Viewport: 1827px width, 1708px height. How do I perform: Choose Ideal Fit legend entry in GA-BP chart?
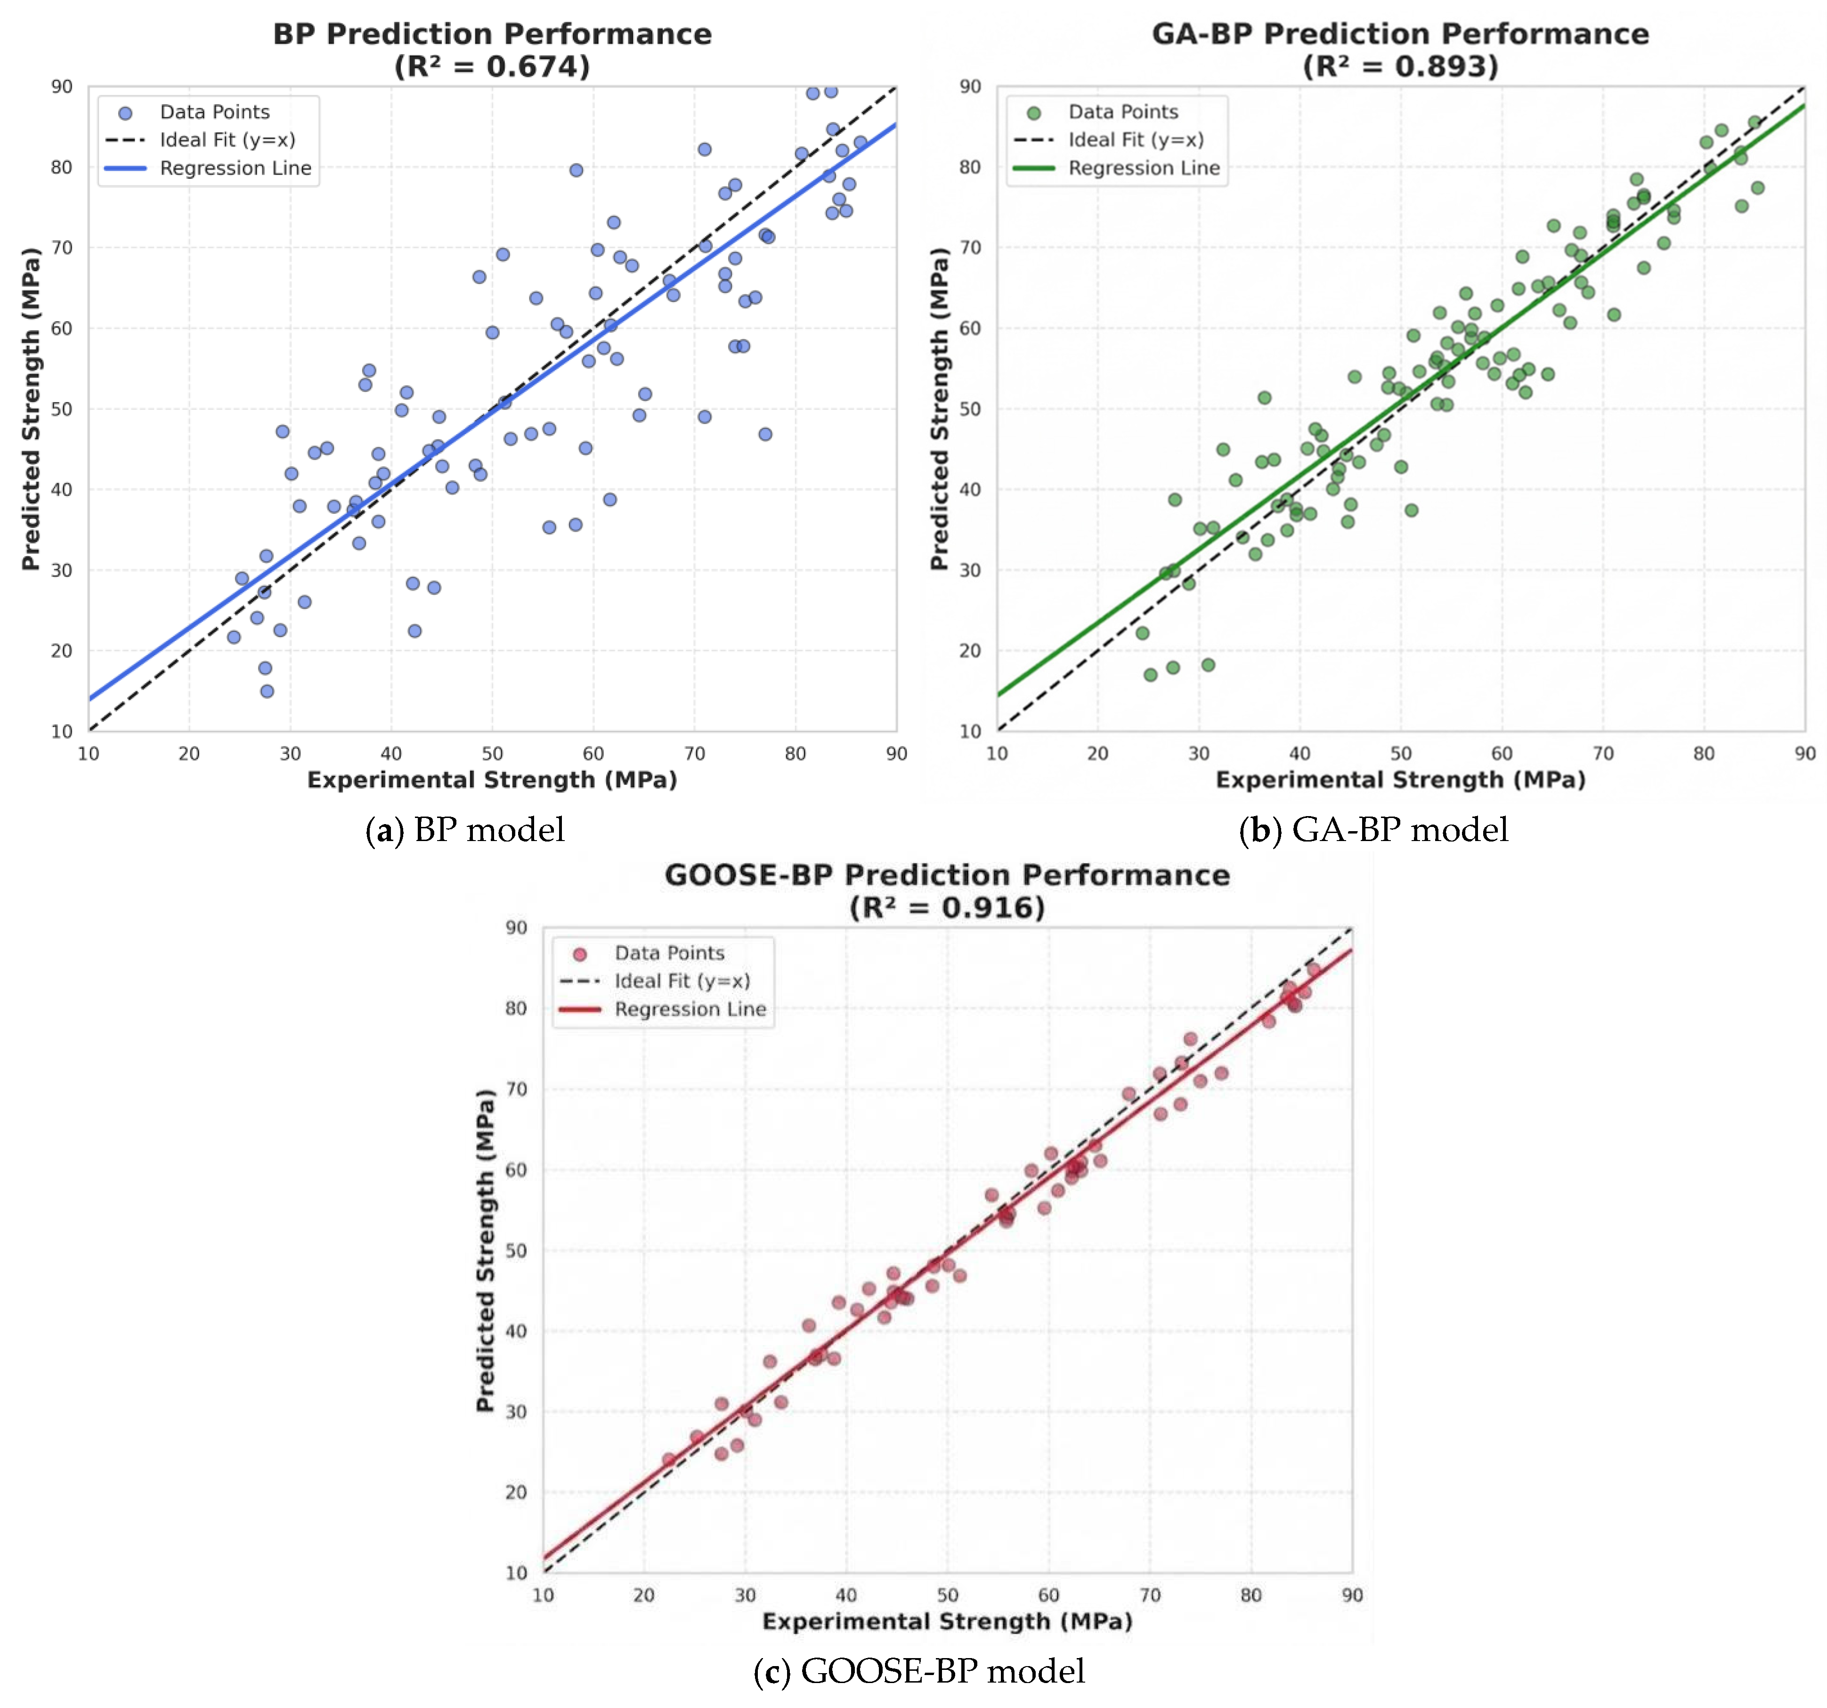1109,140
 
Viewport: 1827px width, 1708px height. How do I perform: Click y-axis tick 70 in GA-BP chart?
970,247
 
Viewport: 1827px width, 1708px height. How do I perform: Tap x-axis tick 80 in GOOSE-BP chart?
1251,1594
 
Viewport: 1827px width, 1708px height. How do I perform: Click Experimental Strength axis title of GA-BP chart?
1401,780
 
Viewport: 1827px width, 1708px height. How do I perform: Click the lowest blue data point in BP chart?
267,691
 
